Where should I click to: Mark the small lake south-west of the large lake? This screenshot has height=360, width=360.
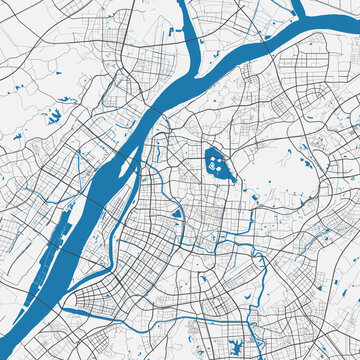176,213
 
